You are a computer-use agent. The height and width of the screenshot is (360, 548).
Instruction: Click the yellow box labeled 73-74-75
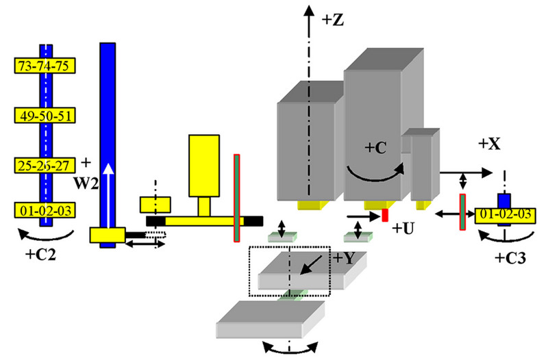coord(45,66)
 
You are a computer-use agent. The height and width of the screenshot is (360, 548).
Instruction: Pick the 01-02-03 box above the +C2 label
coord(45,209)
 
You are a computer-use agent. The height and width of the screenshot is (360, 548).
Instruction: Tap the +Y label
coord(347,258)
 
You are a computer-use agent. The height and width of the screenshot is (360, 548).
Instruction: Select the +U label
coord(403,227)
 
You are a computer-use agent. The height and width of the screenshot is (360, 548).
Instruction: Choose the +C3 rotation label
coord(510,259)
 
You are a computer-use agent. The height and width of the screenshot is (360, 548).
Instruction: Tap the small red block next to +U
coord(385,215)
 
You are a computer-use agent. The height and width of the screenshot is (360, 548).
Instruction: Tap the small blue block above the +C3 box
coord(504,201)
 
